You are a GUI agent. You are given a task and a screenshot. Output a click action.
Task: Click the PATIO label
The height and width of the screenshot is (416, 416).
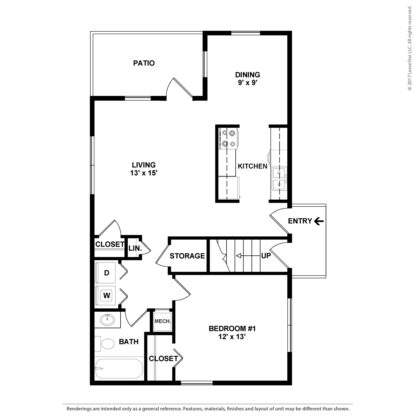(x=144, y=63)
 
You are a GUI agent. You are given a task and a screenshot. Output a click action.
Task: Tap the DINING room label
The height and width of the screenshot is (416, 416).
(x=247, y=75)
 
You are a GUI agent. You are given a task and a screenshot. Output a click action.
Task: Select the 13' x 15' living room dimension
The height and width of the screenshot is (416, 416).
(x=144, y=173)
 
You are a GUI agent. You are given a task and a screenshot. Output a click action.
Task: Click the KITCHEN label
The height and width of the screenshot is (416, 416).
(x=252, y=166)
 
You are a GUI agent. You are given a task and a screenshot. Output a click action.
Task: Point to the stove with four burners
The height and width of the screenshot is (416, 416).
(x=228, y=138)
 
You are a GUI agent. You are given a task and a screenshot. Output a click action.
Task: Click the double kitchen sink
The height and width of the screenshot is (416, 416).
(x=279, y=179)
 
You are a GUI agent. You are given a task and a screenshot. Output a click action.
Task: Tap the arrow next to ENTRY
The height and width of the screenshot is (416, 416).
(x=319, y=221)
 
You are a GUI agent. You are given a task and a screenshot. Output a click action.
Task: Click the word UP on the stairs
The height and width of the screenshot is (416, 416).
(x=266, y=256)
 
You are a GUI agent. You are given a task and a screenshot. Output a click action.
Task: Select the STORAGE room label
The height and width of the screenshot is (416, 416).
(x=187, y=256)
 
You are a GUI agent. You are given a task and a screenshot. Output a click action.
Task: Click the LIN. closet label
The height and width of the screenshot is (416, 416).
(x=135, y=248)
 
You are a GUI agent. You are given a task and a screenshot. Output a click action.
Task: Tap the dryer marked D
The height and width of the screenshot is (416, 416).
(x=106, y=273)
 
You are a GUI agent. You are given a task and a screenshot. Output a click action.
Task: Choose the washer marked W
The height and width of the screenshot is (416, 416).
(x=106, y=295)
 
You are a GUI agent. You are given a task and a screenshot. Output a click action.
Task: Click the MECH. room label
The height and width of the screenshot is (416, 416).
(x=163, y=321)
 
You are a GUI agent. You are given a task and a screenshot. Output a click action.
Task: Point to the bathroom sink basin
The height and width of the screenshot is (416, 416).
(x=107, y=320)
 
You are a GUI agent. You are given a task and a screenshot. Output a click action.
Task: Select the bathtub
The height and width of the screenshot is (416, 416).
(x=118, y=369)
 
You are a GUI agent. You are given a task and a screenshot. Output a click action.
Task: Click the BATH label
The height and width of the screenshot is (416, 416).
(x=129, y=342)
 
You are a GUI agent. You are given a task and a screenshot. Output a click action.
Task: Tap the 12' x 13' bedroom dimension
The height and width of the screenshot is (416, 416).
(x=232, y=337)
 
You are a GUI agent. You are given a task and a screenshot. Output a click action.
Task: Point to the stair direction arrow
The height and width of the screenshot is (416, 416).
(x=248, y=256)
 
